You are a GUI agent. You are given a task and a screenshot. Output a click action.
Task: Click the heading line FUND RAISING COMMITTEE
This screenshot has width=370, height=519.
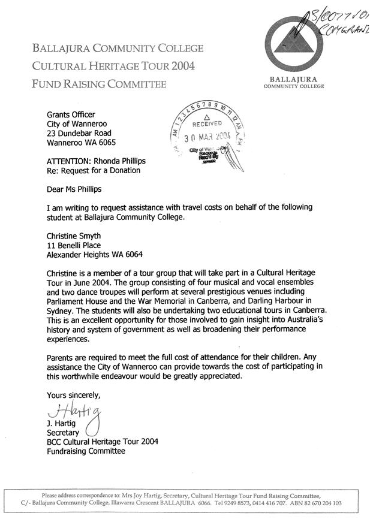(99, 85)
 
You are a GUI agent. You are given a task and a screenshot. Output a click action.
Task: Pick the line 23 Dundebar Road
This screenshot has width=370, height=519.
(79, 133)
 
